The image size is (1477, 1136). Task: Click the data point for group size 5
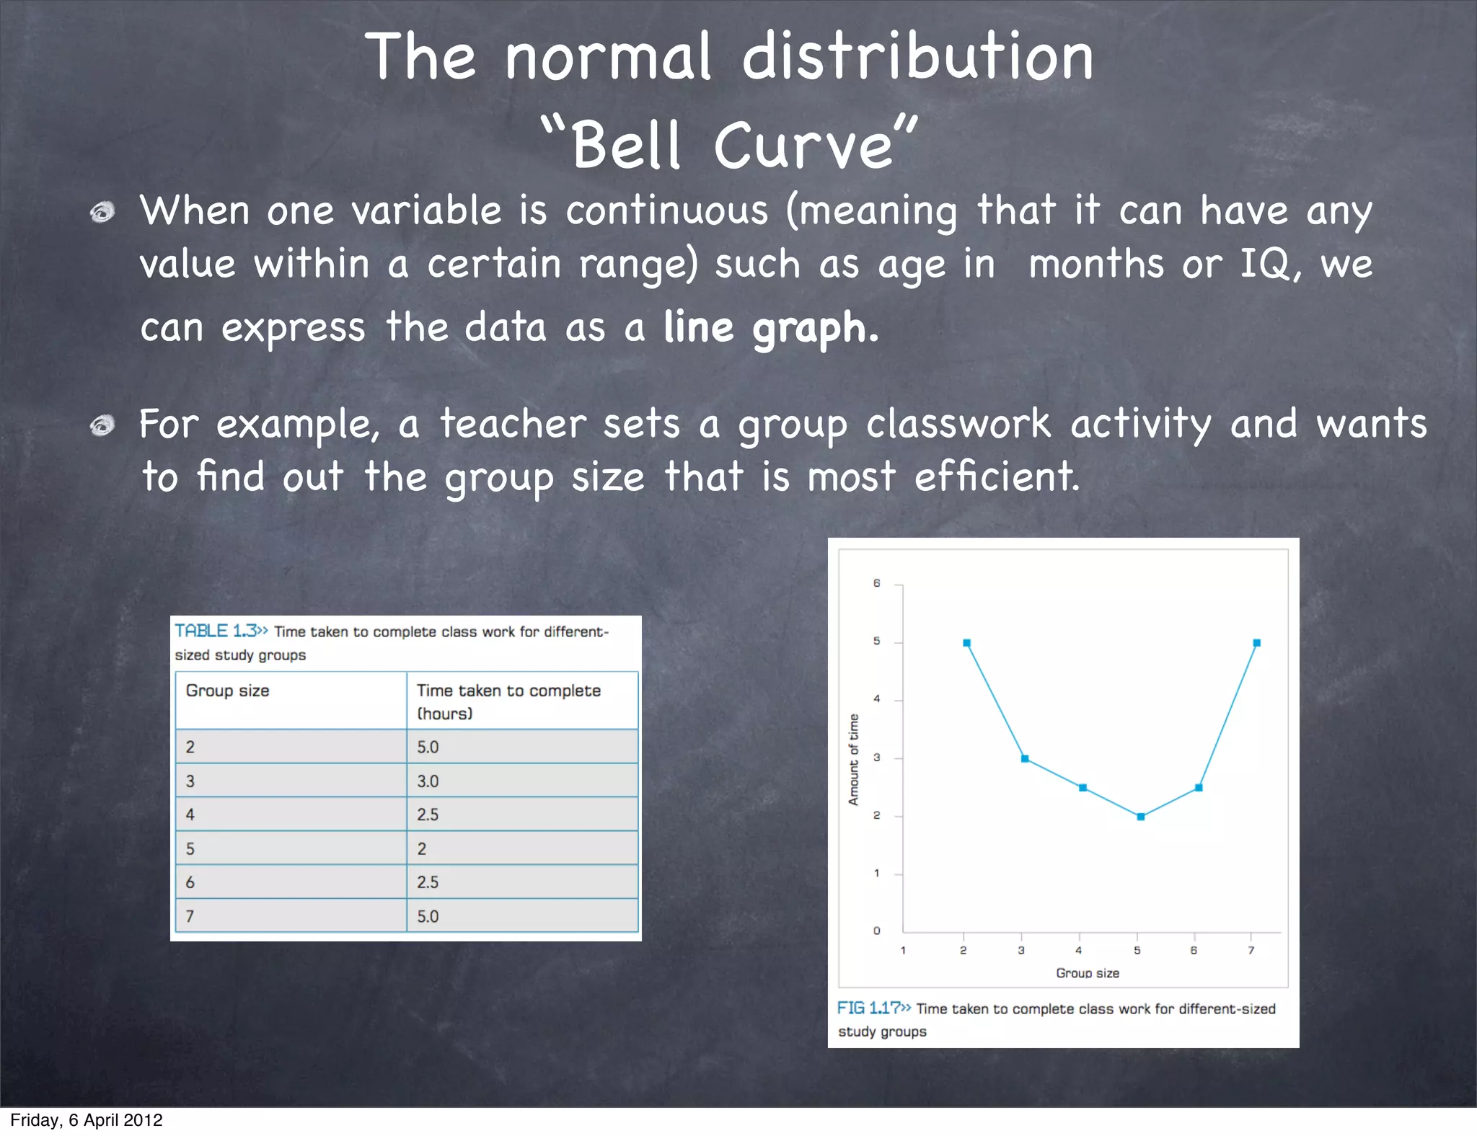(x=1141, y=817)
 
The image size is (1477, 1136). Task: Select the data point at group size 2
(x=967, y=643)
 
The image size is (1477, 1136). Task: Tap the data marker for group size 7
(x=1257, y=643)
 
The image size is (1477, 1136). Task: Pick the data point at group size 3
(x=1025, y=759)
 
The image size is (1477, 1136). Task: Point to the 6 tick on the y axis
(x=877, y=583)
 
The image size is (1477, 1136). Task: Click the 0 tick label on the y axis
(x=877, y=931)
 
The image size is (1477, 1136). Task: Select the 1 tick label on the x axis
(x=903, y=951)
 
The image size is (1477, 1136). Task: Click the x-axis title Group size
(x=1088, y=973)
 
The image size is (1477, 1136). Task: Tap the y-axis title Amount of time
(x=854, y=759)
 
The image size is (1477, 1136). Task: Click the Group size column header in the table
(x=228, y=691)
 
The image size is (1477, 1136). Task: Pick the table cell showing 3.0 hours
(x=428, y=781)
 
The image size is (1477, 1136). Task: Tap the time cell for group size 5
(x=422, y=849)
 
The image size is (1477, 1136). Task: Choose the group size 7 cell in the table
(x=190, y=916)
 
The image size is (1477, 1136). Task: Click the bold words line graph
(x=770, y=328)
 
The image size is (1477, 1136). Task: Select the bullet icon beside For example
(x=102, y=426)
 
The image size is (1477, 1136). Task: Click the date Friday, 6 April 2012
(x=87, y=1120)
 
